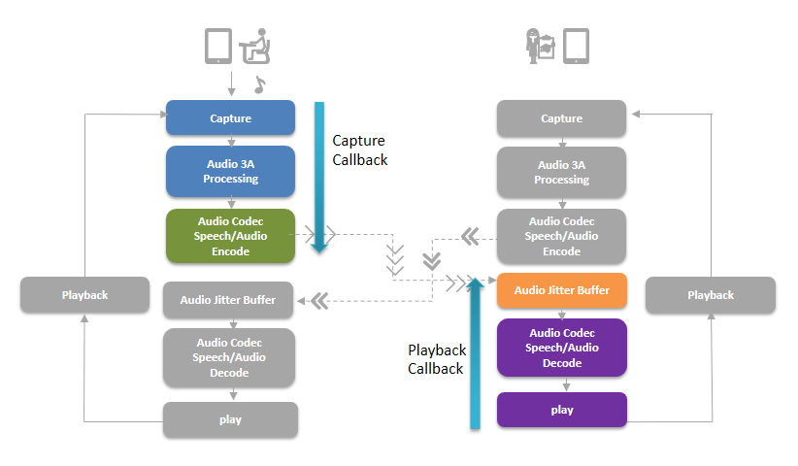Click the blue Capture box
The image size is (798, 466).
click(230, 118)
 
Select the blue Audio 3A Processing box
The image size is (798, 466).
click(230, 172)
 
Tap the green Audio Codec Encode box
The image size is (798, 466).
click(230, 236)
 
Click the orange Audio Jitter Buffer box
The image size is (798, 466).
click(562, 290)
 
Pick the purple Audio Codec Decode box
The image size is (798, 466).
click(562, 348)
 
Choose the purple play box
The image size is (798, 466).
click(562, 410)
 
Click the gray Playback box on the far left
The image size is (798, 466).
click(85, 295)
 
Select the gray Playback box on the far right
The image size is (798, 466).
click(711, 295)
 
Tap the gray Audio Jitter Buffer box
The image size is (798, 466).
click(228, 300)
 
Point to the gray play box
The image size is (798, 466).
click(230, 419)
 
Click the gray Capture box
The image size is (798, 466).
click(562, 118)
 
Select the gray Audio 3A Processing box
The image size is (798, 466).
click(562, 172)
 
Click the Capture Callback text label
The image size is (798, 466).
click(360, 150)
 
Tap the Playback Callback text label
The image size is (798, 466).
click(437, 359)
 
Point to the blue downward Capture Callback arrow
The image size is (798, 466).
click(318, 175)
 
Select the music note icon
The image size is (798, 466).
click(259, 84)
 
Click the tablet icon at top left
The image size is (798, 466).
click(217, 46)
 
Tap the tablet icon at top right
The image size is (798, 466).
click(576, 46)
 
